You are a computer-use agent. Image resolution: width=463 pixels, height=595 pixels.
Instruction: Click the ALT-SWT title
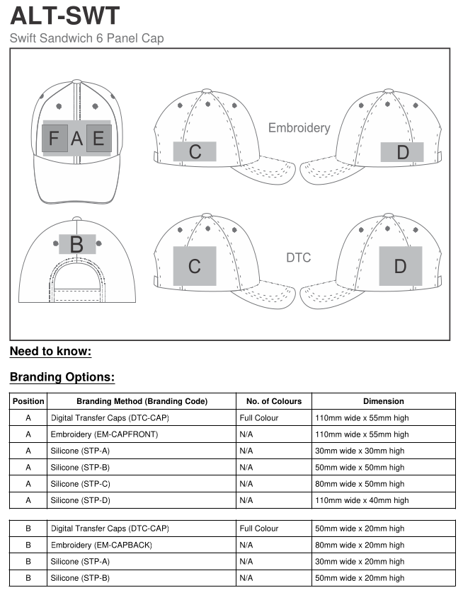click(65, 15)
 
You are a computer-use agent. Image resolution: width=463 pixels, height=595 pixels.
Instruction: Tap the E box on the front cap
click(98, 138)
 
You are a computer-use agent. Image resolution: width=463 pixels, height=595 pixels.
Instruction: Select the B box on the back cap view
click(76, 245)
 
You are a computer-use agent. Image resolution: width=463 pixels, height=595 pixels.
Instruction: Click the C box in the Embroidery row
click(195, 151)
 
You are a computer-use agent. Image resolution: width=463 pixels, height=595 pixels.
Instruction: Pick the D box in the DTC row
click(400, 266)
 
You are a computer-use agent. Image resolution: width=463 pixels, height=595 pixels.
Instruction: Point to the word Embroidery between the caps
click(299, 128)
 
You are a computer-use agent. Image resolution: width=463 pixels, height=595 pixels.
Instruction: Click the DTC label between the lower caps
click(298, 258)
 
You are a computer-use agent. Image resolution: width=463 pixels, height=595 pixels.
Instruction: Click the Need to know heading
click(50, 352)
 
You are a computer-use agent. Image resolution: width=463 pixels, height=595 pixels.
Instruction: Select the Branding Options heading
click(62, 377)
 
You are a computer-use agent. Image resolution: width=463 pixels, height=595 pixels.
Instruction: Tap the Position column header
click(28, 401)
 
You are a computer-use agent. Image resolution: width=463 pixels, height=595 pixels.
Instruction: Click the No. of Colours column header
click(273, 401)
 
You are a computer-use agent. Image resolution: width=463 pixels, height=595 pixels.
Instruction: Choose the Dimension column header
click(383, 401)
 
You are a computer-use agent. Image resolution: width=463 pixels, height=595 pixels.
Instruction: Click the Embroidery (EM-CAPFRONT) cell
click(104, 434)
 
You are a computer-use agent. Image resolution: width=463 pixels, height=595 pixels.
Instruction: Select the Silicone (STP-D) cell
click(80, 500)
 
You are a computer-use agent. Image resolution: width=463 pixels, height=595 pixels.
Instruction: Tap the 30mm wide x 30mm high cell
click(361, 451)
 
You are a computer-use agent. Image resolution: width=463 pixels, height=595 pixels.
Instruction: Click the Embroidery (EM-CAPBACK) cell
click(101, 545)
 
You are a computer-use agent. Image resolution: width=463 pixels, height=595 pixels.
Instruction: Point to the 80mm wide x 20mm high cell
click(361, 545)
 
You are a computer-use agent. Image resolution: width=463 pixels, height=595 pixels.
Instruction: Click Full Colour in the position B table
click(259, 528)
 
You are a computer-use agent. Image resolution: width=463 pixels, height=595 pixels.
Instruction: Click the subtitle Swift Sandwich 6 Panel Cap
click(86, 38)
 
